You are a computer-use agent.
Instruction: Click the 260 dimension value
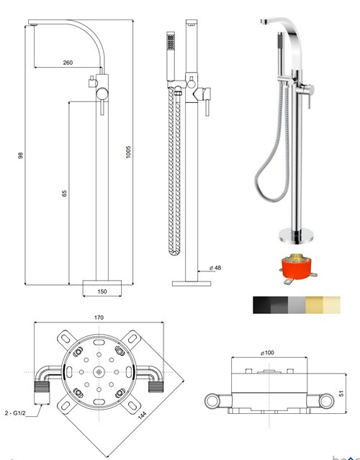point(68,63)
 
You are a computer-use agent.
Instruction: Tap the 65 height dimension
point(64,194)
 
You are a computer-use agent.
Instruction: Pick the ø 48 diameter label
point(215,269)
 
